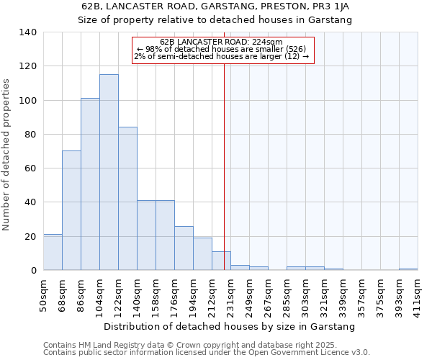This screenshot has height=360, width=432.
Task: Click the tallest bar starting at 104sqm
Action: [109, 173]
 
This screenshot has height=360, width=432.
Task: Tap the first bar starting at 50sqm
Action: [53, 252]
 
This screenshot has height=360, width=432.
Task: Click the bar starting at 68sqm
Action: [71, 210]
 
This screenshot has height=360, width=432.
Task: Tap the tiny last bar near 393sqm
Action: [408, 269]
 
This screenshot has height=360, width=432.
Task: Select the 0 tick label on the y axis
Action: [33, 271]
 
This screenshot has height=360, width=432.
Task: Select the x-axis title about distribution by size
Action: [230, 327]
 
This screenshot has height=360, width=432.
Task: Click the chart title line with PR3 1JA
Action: [215, 6]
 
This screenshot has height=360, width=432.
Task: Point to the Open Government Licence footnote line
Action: [207, 352]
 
